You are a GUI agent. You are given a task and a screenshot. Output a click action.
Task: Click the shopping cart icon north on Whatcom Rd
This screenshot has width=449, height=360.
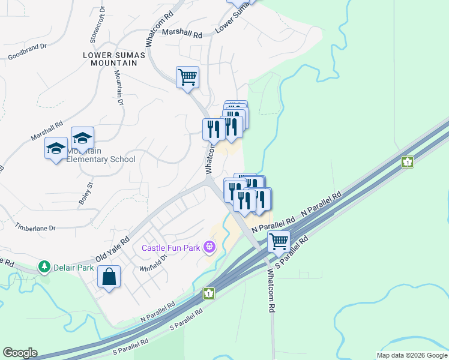187,77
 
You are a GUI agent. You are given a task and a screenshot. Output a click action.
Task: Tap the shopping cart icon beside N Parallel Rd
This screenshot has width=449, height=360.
279,241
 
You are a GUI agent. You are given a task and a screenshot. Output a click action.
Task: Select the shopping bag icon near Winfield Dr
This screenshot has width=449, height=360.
109,277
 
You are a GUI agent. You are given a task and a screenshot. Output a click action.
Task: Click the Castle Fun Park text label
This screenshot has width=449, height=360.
171,247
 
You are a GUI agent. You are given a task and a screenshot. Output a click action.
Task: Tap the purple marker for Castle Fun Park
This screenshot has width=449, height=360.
209,246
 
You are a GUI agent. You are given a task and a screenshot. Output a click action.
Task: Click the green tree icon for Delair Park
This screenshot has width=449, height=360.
44,266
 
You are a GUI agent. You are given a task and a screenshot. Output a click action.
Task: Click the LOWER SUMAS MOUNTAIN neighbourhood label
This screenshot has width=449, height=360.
114,59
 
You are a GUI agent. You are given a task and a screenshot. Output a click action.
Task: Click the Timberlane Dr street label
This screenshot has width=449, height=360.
35,229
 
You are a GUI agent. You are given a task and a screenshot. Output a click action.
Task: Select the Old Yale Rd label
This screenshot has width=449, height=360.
112,247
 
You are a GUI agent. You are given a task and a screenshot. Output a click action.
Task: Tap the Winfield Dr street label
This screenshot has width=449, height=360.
151,262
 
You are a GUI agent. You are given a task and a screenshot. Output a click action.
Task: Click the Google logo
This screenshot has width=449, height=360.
20,353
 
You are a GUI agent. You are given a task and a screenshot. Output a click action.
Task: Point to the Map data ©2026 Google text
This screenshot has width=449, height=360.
411,355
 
